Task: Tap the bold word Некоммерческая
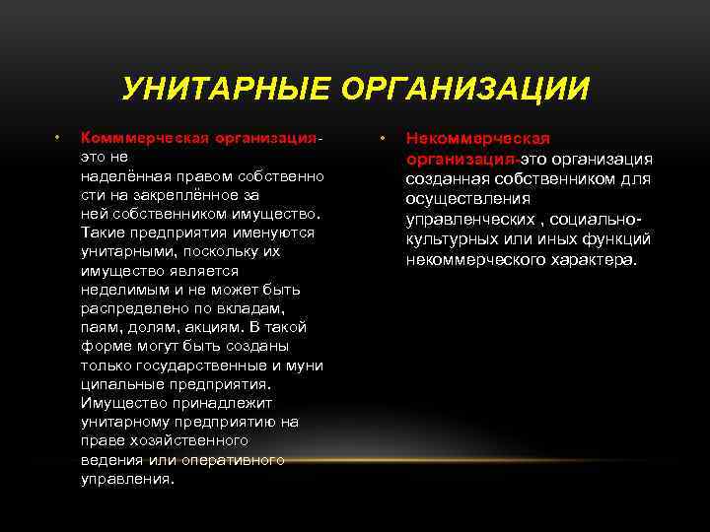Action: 478,139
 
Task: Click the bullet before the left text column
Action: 59,138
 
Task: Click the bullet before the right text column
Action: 383,139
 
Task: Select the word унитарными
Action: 124,251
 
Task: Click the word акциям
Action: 203,327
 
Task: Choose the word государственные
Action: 193,366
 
